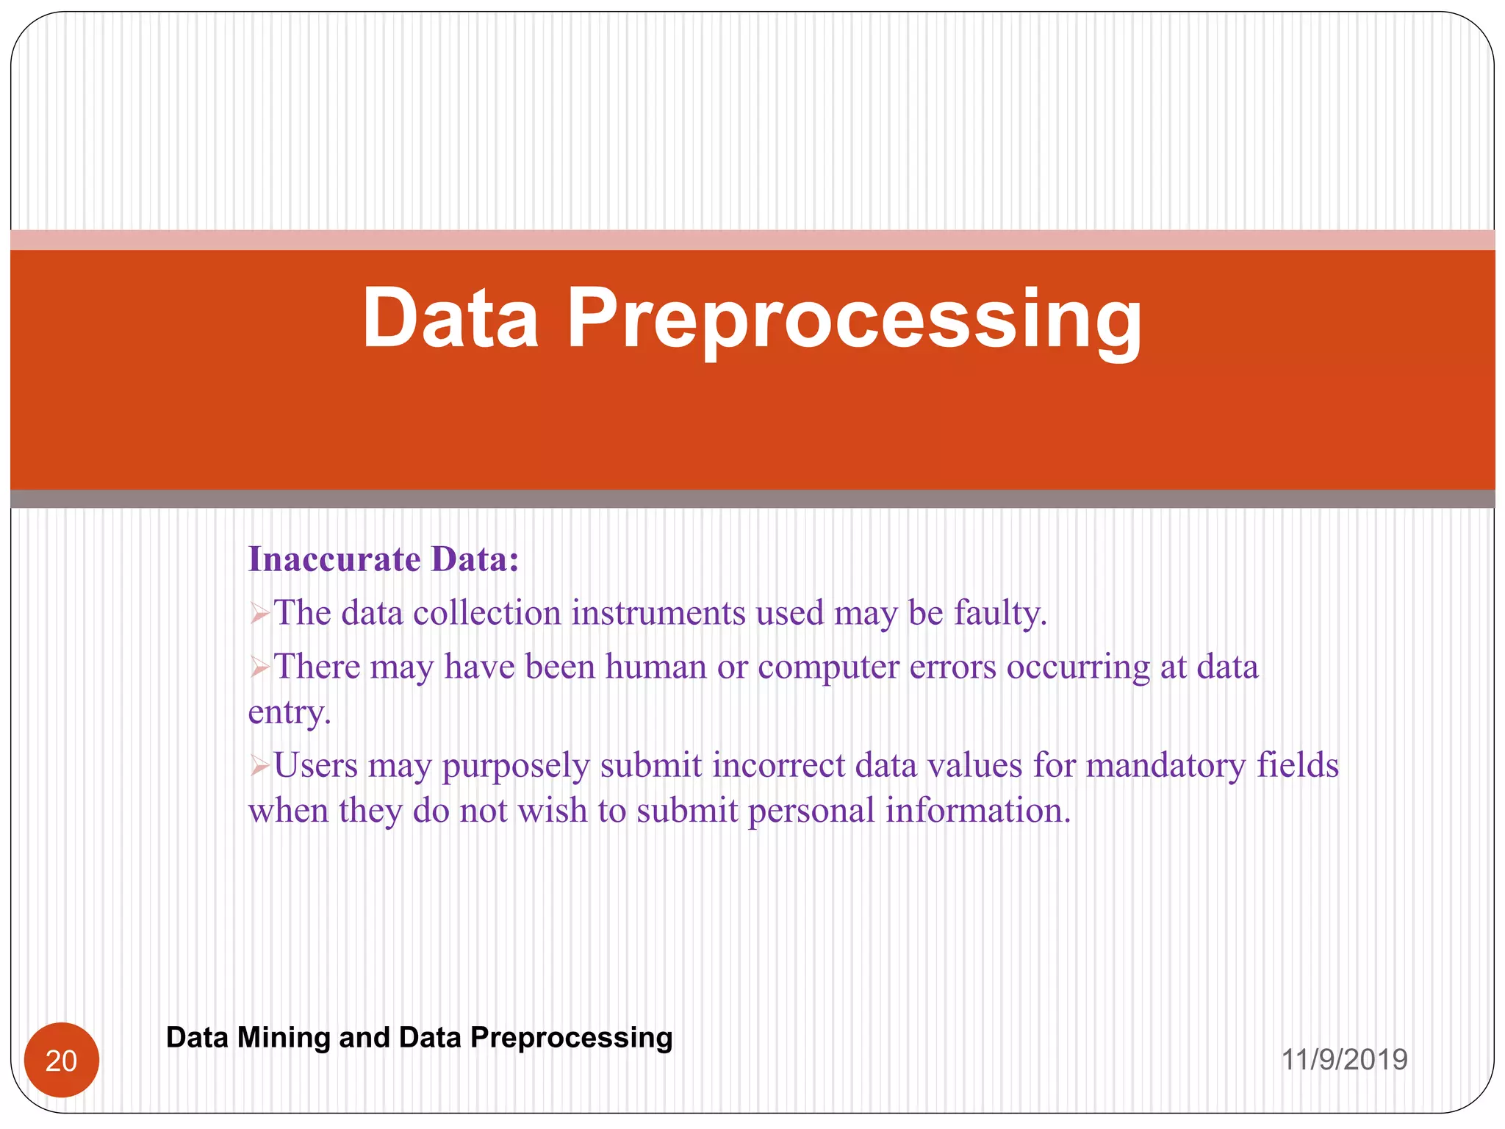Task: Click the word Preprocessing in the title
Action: point(854,319)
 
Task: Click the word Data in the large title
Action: point(450,319)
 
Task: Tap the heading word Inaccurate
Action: point(334,559)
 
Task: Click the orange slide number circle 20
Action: point(62,1060)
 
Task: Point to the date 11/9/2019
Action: point(1344,1060)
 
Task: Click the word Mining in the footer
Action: point(284,1037)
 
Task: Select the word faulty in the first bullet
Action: point(999,613)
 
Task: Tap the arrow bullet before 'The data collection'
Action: point(259,614)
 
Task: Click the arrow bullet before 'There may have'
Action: point(259,667)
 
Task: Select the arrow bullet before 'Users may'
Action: point(259,767)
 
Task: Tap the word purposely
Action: point(515,767)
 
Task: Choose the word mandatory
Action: point(1165,765)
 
